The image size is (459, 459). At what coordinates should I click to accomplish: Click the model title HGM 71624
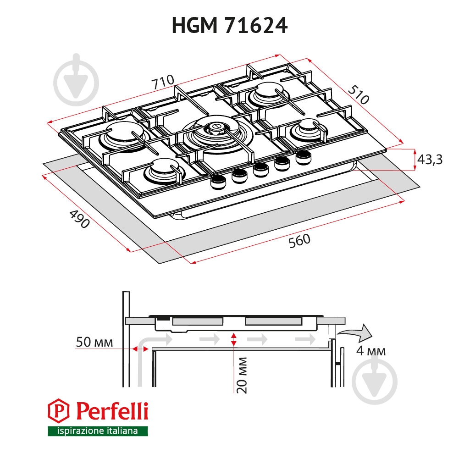pyautogui.click(x=229, y=26)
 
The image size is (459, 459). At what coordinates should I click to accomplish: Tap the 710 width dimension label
pyautogui.click(x=163, y=83)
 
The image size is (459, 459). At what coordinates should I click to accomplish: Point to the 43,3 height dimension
pyautogui.click(x=430, y=160)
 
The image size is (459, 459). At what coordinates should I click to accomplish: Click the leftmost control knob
pyautogui.click(x=217, y=182)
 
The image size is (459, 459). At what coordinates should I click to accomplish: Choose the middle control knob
pyautogui.click(x=261, y=168)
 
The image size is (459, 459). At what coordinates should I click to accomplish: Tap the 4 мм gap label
pyautogui.click(x=371, y=352)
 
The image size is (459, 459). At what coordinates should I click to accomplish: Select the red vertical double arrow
pyautogui.click(x=234, y=339)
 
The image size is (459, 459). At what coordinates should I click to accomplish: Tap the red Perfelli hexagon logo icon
pyautogui.click(x=58, y=411)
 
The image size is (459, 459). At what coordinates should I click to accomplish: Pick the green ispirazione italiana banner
pyautogui.click(x=98, y=431)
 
